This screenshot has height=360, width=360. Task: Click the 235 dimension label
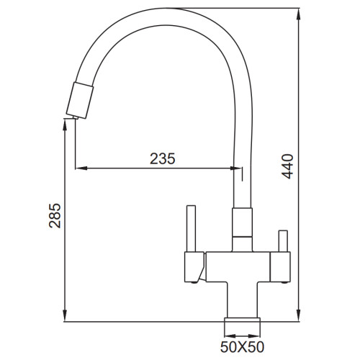[163, 158]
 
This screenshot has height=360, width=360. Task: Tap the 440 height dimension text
[287, 166]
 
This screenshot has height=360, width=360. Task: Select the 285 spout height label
[55, 215]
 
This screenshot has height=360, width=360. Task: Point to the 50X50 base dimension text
[242, 347]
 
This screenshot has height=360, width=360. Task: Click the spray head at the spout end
[80, 100]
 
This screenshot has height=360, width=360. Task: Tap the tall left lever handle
[191, 228]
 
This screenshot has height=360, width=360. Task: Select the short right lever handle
[283, 241]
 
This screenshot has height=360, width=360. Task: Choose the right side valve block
[280, 266]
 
